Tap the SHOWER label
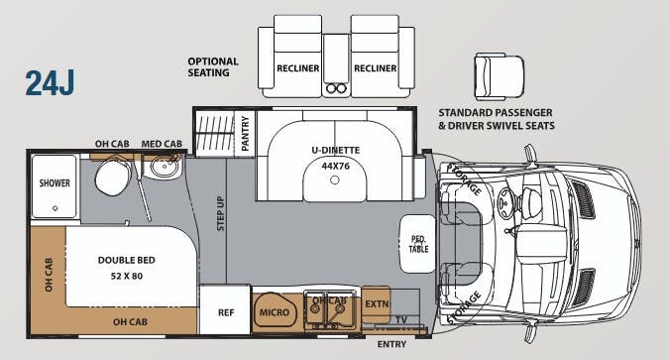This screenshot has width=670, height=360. pyautogui.click(x=54, y=183)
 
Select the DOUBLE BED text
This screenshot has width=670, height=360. pyautogui.click(x=126, y=260)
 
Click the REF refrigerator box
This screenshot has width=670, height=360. pyautogui.click(x=225, y=313)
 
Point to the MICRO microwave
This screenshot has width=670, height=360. pyautogui.click(x=275, y=313)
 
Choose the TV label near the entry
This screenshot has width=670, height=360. pyautogui.click(x=401, y=319)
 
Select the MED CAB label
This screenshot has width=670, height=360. pyautogui.click(x=161, y=143)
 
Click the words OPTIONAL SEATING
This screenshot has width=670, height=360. pyautogui.click(x=213, y=66)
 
